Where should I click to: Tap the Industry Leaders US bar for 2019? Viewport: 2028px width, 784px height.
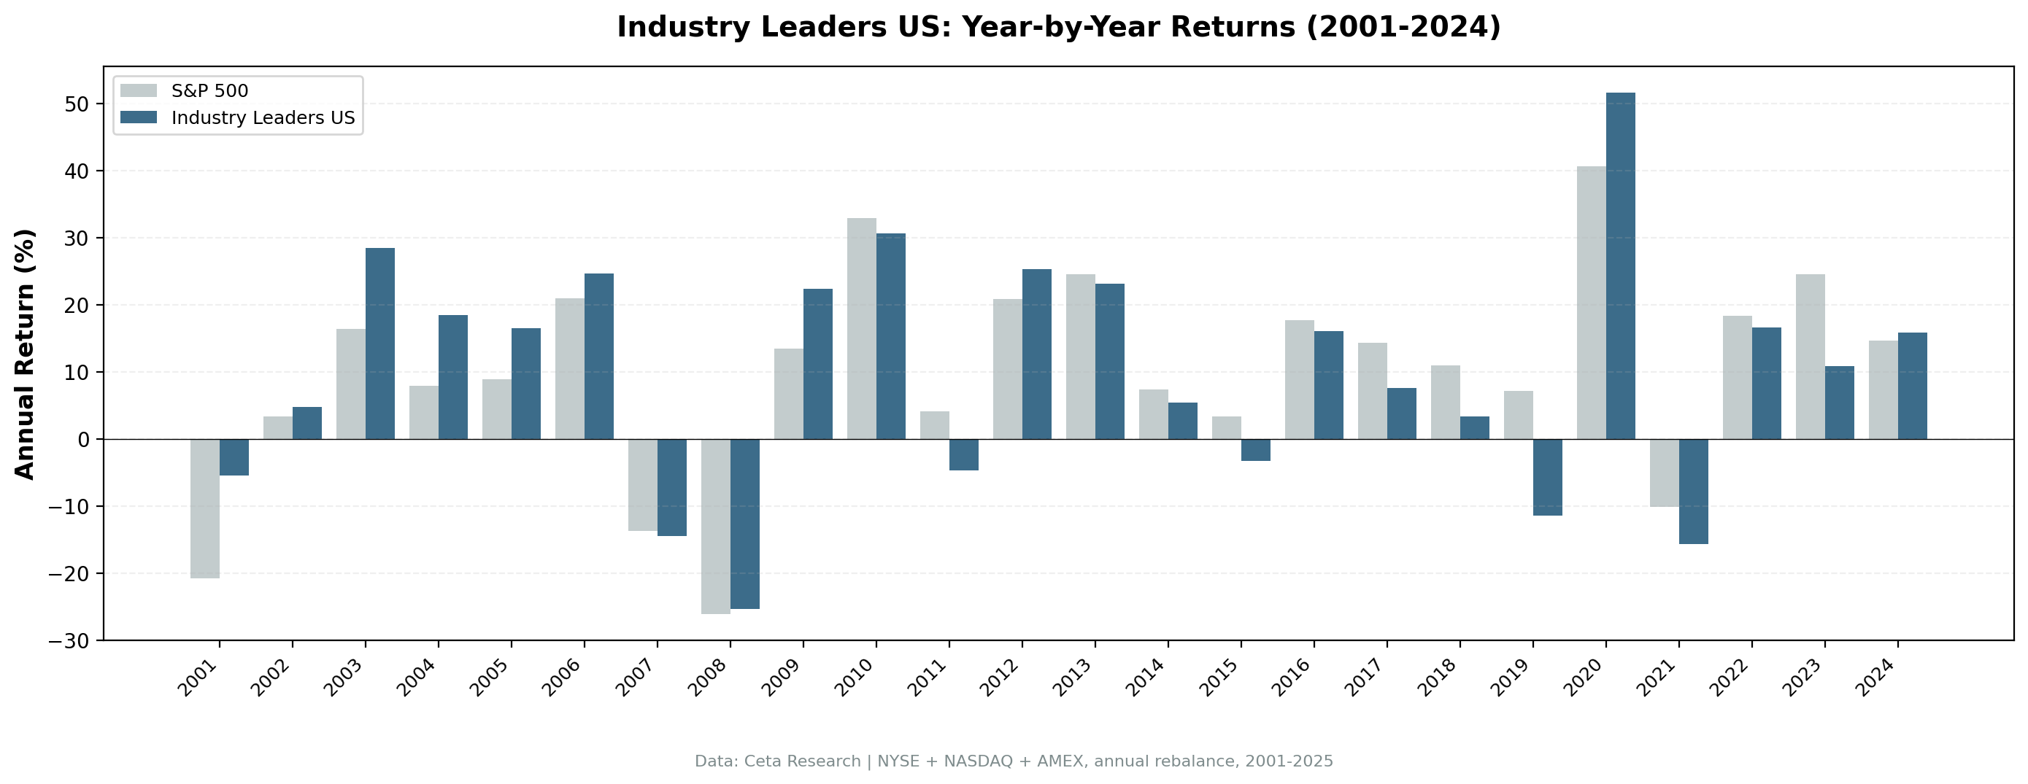click(1547, 477)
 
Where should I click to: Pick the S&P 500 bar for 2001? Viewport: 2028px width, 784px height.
click(204, 508)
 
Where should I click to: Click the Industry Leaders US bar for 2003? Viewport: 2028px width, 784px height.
click(380, 344)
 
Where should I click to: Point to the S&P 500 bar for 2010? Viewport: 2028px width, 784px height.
click(861, 328)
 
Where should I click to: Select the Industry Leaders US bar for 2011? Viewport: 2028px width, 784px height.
click(963, 454)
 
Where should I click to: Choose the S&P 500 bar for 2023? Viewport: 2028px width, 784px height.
click(1810, 357)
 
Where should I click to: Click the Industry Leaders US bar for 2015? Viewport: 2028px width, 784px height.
click(1256, 449)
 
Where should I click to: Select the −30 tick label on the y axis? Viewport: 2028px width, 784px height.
click(69, 642)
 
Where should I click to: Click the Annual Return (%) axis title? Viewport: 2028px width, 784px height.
click(26, 354)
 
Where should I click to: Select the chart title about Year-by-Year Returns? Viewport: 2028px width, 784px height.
click(1058, 27)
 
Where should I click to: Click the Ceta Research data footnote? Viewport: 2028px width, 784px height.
click(1013, 761)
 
